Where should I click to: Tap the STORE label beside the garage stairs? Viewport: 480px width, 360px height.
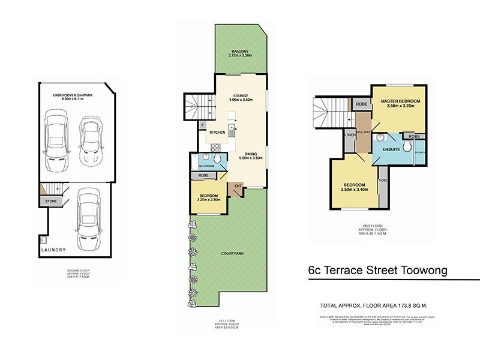(x=51, y=201)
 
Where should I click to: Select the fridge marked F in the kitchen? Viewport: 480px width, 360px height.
(x=203, y=125)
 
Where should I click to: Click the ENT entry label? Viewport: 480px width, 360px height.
(x=238, y=186)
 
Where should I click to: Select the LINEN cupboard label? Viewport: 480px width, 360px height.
(x=349, y=136)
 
